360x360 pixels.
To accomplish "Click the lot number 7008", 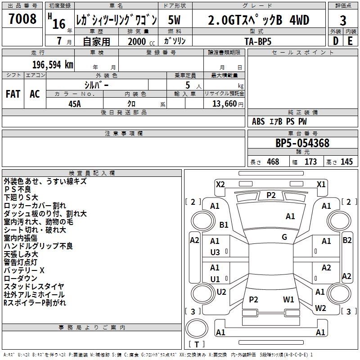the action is point(22,18).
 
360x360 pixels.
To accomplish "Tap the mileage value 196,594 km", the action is point(53,65).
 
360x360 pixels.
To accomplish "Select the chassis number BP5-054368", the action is point(302,143).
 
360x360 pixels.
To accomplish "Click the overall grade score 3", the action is point(343,21).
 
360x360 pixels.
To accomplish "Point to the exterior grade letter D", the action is point(336,41).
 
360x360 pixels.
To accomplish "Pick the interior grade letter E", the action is point(350,41).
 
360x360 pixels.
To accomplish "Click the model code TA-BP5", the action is point(258,41).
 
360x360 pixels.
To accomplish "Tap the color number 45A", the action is point(75,104).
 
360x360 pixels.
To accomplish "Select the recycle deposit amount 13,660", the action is point(225,103).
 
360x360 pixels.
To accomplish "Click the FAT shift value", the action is point(13,94).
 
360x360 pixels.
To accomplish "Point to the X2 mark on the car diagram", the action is point(220,184).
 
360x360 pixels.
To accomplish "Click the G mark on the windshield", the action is point(284,237).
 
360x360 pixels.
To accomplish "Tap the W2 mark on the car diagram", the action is point(320,308).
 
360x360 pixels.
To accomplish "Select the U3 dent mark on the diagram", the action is point(215,252).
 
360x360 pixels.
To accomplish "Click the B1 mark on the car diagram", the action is point(224,225).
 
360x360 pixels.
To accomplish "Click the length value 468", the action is point(273,162).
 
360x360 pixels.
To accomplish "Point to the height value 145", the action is point(346,162).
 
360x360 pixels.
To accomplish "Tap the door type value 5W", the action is point(174,20).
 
